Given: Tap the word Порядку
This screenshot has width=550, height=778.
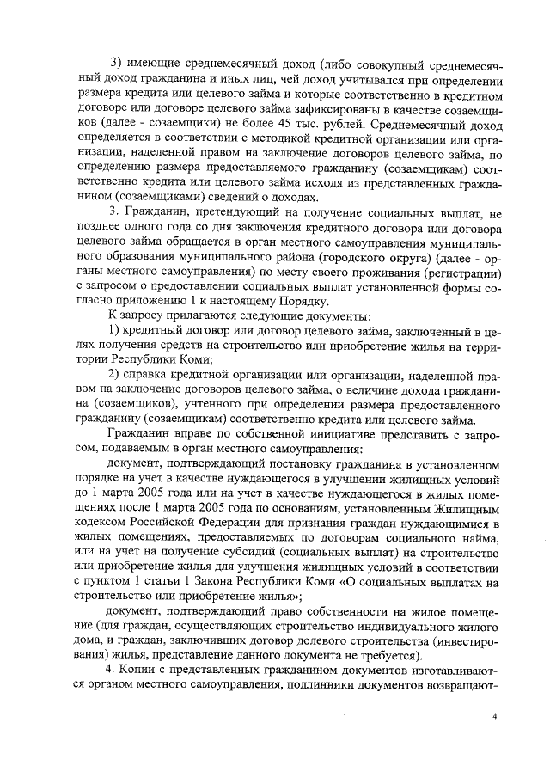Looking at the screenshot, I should [301, 303].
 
